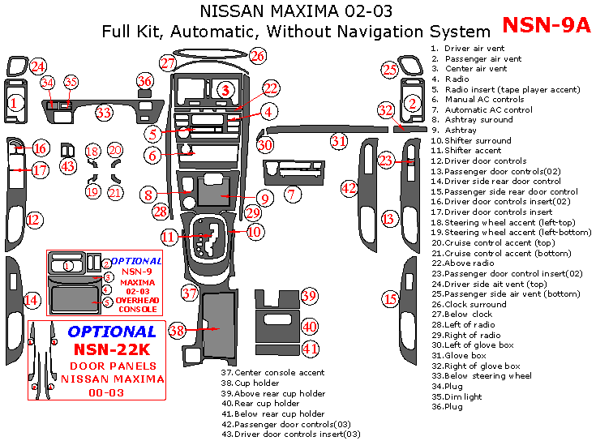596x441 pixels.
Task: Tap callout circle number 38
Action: pyautogui.click(x=178, y=329)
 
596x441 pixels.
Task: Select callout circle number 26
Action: pyautogui.click(x=257, y=56)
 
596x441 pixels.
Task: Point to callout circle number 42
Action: pyautogui.click(x=349, y=188)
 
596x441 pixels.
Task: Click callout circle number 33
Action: pyautogui.click(x=104, y=113)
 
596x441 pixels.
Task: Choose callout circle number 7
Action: pyautogui.click(x=293, y=195)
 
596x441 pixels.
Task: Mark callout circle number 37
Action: pyautogui.click(x=190, y=293)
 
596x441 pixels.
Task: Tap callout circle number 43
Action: pyautogui.click(x=68, y=166)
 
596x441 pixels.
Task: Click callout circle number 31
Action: pyautogui.click(x=338, y=141)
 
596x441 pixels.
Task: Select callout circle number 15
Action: pyautogui.click(x=391, y=299)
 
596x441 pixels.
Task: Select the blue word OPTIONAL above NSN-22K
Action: pyautogui.click(x=112, y=332)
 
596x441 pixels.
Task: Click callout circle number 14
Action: pyautogui.click(x=31, y=300)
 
